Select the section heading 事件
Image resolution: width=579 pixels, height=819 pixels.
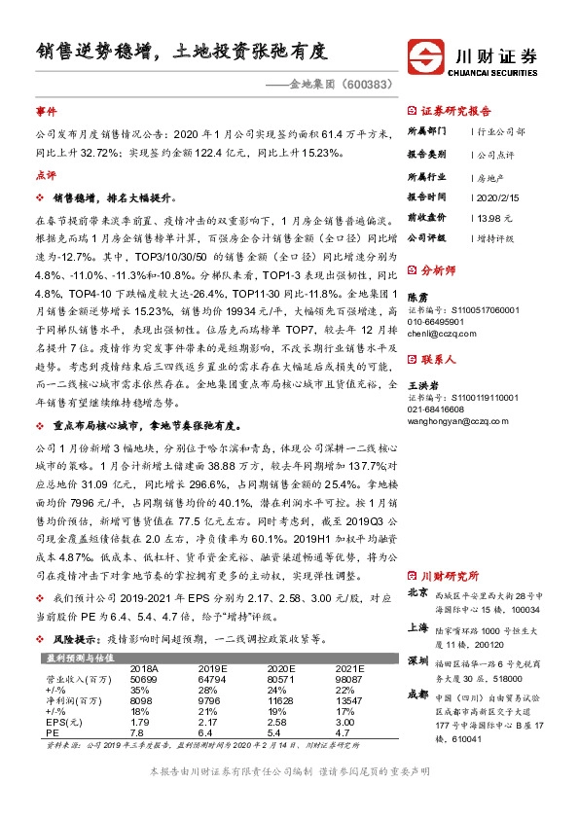[45, 113]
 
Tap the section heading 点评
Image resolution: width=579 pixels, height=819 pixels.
[45, 175]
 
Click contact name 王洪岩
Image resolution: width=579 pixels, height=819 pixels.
[421, 386]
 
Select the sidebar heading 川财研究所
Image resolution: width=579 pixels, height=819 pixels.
[455, 574]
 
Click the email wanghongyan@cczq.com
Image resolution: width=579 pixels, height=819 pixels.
[456, 420]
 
